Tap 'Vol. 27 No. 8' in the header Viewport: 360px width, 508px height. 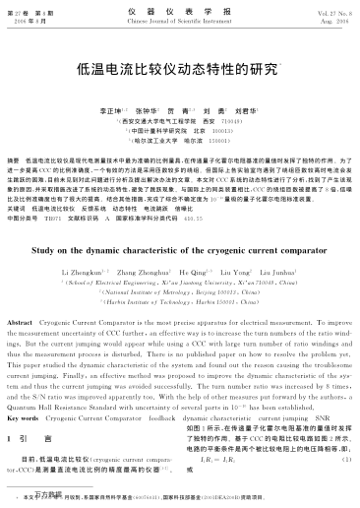tap(322, 12)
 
